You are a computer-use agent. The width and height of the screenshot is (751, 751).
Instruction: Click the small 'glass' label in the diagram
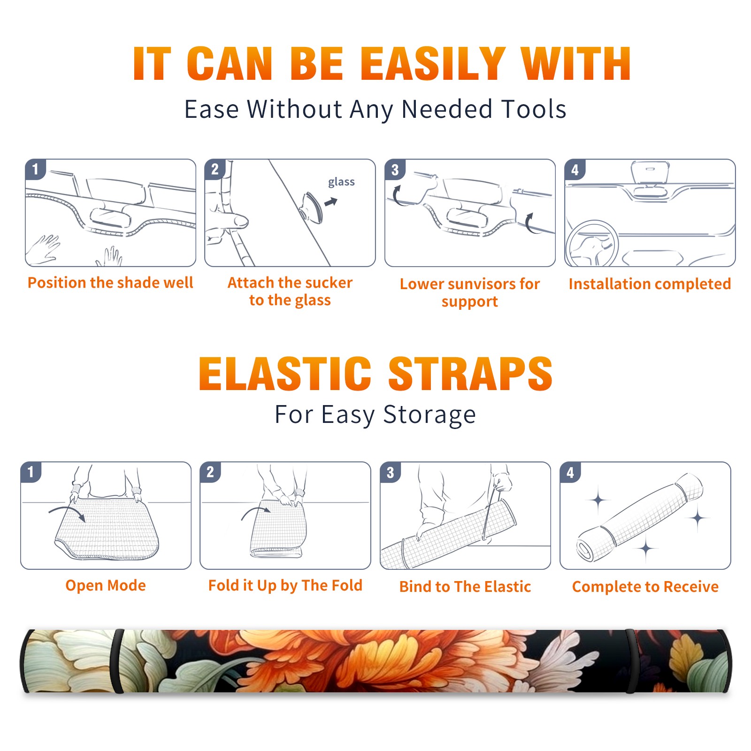point(341,182)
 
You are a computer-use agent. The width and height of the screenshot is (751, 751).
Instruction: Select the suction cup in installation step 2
point(313,207)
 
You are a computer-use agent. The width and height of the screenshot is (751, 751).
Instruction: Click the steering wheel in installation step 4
point(591,244)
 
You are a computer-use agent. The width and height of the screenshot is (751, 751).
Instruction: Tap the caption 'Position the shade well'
point(110,283)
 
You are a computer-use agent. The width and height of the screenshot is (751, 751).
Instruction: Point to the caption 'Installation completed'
point(650,284)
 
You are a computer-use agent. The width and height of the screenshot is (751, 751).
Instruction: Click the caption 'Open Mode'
point(106,585)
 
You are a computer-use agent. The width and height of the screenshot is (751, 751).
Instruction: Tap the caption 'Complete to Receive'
point(645,587)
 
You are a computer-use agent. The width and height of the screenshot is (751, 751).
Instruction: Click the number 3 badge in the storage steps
point(390,472)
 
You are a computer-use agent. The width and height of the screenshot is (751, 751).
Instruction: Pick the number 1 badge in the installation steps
point(35,169)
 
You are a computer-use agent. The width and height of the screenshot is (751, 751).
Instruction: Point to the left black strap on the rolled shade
point(116,661)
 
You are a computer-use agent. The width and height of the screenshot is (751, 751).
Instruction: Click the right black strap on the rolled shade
point(631,661)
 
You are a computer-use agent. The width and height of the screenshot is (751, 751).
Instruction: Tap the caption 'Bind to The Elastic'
point(465,587)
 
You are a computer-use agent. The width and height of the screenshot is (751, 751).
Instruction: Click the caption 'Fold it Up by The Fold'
point(285,586)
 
